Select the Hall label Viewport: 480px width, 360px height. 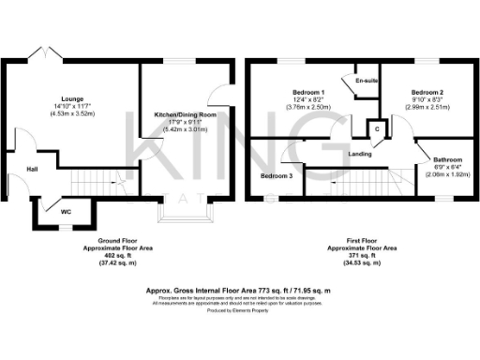coord(31,170)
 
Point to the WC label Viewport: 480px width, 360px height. coord(66,212)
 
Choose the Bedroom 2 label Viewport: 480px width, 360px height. coord(427,92)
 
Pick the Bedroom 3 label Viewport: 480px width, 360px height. coord(277,176)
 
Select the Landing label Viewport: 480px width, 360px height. coord(359,153)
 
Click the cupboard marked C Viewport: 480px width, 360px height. coord(377,128)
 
